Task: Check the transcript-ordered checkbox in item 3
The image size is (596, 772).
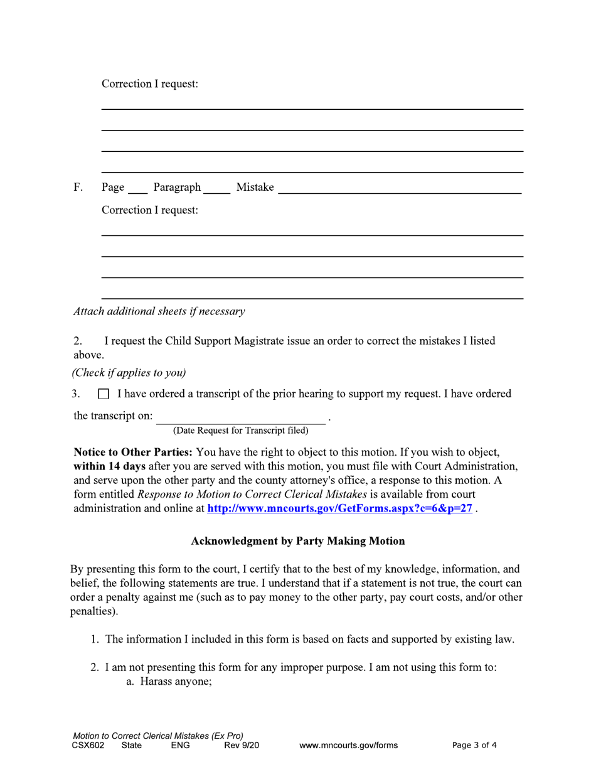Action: coord(104,395)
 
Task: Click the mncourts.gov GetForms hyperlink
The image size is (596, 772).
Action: coord(339,509)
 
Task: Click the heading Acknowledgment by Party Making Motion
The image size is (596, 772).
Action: coord(298,541)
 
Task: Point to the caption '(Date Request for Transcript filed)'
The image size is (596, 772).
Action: coord(241,431)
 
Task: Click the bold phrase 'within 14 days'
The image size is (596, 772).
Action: coord(110,466)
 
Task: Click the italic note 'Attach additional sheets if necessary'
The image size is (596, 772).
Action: coord(159,311)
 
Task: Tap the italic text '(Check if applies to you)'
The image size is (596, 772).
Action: coord(129,373)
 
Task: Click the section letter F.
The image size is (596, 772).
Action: coord(78,188)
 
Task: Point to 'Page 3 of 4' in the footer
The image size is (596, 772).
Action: coord(474,746)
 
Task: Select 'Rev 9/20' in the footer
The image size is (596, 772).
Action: coord(242,746)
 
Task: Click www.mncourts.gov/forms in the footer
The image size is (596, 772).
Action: coord(348,746)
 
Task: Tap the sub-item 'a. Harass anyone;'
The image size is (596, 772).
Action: coord(169,681)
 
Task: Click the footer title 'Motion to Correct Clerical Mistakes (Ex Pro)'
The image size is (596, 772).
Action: coord(158,736)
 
